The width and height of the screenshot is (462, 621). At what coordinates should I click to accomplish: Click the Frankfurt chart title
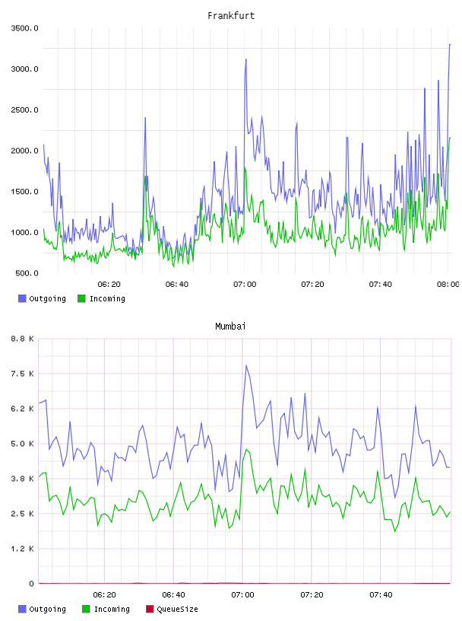231,15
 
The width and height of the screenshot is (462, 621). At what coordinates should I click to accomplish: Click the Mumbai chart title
230,326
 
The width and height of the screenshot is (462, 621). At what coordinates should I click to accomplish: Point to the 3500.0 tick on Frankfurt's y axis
24,28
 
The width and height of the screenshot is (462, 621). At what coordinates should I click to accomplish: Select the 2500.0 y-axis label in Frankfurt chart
24,110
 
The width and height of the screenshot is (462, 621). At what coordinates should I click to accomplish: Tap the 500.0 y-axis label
27,273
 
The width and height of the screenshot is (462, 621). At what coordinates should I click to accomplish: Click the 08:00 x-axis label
448,284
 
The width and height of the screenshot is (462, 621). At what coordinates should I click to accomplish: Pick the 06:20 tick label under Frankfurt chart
109,284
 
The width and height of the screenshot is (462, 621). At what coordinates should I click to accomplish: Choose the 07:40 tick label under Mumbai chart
381,594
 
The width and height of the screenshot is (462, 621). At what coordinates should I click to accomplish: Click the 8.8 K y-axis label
22,339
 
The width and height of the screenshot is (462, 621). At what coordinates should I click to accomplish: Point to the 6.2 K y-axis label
22,409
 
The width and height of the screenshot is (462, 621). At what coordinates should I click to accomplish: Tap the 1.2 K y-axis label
22,549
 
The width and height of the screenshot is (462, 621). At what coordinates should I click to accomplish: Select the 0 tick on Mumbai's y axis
31,584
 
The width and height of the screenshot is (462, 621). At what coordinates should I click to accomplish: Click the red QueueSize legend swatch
150,609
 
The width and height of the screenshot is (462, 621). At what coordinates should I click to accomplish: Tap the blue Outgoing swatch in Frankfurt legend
22,298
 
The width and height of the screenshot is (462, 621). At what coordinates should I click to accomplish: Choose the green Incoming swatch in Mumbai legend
86,609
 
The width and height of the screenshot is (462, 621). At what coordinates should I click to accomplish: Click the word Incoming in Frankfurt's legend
107,298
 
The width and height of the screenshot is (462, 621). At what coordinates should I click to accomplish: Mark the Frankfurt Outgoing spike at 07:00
246,59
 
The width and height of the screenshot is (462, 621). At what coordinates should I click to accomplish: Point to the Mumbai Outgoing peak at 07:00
246,365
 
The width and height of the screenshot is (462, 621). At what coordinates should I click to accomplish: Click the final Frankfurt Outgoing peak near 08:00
450,44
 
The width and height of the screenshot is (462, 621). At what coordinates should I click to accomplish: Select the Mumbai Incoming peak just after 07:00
246,449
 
